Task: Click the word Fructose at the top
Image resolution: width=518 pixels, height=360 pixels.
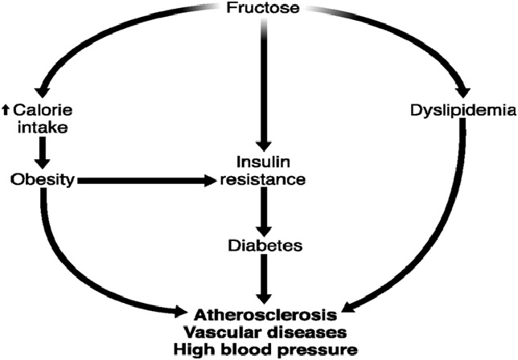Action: [263, 10]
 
